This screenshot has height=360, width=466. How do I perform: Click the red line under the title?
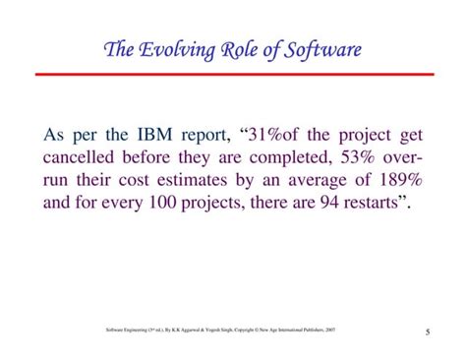pyautogui.click(x=233, y=73)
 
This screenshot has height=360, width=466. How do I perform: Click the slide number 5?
pyautogui.click(x=432, y=331)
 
